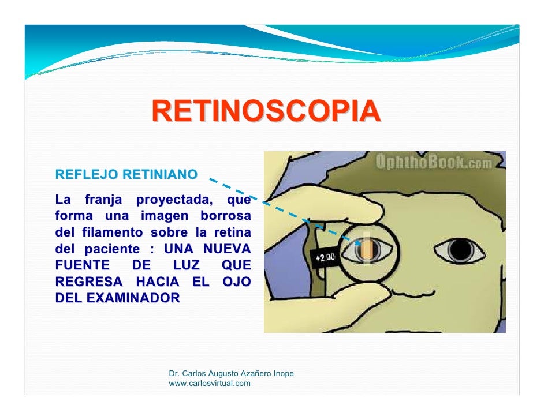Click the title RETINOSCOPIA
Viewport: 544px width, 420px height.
[x=266, y=112]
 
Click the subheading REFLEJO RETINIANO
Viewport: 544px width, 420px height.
[x=126, y=174]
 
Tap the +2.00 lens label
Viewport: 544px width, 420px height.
[x=325, y=257]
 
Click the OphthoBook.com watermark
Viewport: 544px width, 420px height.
[x=434, y=162]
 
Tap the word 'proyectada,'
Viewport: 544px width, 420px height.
[x=173, y=201]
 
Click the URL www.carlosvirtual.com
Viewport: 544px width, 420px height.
[x=210, y=383]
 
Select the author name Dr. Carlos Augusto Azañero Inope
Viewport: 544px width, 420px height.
[x=231, y=374]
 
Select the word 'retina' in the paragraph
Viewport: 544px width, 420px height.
[x=233, y=234]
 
